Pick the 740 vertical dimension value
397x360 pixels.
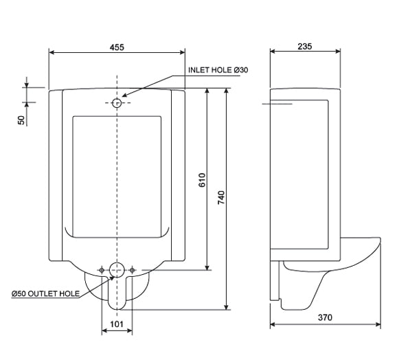click(222, 197)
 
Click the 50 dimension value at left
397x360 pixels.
click(21, 119)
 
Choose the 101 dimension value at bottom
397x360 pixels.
click(117, 322)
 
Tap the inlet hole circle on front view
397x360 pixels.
click(117, 102)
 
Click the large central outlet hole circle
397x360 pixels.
click(117, 270)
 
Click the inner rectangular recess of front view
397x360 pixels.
click(117, 175)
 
